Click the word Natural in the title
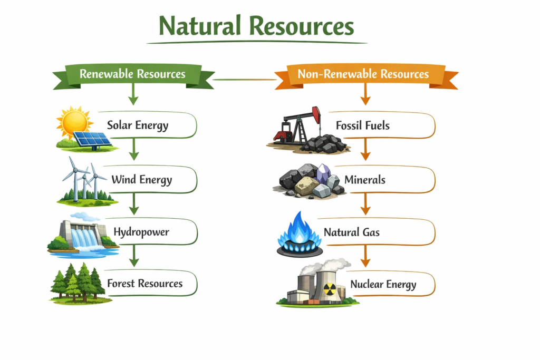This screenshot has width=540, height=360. click(199, 26)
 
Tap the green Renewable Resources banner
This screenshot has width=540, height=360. click(133, 75)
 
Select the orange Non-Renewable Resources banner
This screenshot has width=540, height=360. click(366, 75)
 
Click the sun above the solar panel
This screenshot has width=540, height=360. click(74, 122)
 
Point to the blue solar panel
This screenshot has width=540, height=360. click(92, 139)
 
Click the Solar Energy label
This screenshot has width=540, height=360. click(138, 125)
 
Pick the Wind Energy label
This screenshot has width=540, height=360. click(141, 180)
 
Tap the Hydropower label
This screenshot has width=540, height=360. click(141, 232)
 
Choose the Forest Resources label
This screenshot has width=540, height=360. click(144, 283)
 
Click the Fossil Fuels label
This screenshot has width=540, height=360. click(363, 125)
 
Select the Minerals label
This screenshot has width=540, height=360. click(365, 180)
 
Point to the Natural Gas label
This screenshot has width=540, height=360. click(352, 232)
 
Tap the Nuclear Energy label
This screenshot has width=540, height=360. click(383, 285)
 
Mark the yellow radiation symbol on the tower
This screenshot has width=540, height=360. click(330, 289)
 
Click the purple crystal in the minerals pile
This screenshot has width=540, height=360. click(323, 174)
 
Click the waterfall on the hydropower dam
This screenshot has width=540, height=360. click(84, 239)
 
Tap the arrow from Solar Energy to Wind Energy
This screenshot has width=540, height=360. click(134, 149)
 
